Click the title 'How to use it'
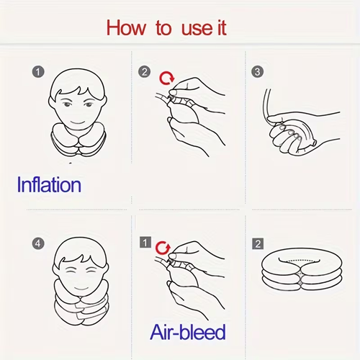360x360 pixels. [x=166, y=28]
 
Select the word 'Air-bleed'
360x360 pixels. [x=188, y=331]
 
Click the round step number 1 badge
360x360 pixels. [x=38, y=72]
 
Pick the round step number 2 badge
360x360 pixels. [x=144, y=72]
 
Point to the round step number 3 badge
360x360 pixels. [x=256, y=72]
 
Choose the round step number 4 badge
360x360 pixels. [x=38, y=243]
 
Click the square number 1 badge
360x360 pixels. [x=144, y=243]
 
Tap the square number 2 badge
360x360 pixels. [x=256, y=243]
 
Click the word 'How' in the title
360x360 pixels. [x=125, y=28]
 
